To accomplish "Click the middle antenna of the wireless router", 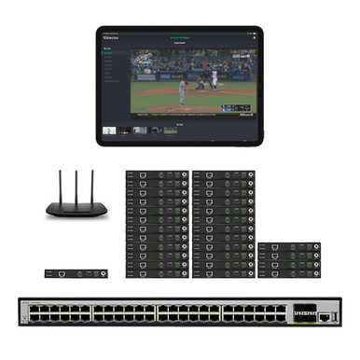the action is pos(73,185).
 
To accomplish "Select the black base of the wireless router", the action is pos(73,209).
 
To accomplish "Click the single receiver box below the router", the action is pos(76,273).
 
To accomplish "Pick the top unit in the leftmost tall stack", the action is pos(156,174).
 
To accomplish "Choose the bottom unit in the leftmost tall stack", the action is pos(156,272).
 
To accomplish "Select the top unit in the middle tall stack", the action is pos(222,174).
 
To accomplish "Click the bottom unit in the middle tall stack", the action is pos(222,272).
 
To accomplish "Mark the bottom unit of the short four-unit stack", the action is pos(289,272).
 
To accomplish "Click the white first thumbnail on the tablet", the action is pos(110,131).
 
